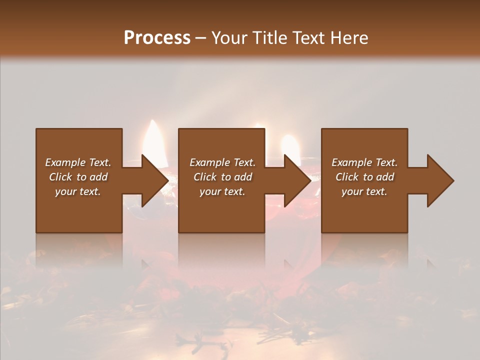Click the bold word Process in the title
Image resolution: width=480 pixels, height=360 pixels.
pos(157,38)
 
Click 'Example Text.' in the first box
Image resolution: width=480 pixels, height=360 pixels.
pos(78,162)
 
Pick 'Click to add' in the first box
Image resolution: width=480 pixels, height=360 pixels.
pos(78,177)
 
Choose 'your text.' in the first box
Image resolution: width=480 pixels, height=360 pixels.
pos(78,191)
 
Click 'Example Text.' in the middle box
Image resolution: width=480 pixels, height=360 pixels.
pos(222,162)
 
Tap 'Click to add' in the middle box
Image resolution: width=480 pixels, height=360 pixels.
pos(222,177)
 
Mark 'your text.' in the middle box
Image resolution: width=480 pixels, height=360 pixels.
pos(222,191)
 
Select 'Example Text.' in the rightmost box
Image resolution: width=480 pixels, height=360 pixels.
pos(364,162)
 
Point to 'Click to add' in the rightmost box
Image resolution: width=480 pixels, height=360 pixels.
pos(364,177)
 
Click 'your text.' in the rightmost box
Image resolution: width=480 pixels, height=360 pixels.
pos(364,191)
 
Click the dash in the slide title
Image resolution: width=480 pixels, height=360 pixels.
pos(201,38)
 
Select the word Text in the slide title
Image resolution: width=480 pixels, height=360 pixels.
pos(306,38)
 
